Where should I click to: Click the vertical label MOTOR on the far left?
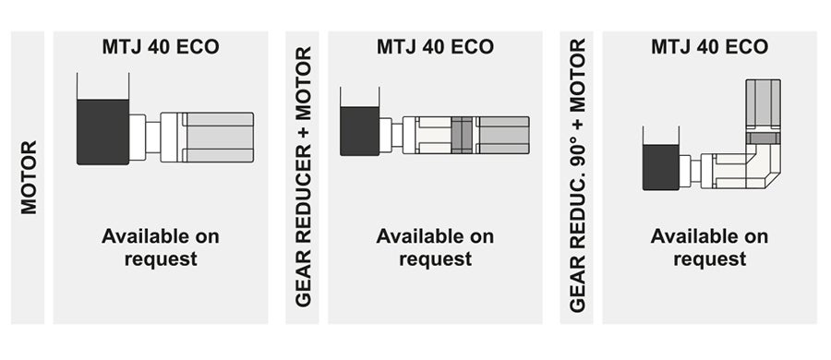click(29, 177)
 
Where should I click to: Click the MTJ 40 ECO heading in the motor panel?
click(161, 46)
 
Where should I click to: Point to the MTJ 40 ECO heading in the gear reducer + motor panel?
click(435, 46)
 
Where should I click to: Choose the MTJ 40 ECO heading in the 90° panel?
click(709, 46)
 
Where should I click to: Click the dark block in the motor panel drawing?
click(102, 131)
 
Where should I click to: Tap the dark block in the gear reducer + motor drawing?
click(359, 130)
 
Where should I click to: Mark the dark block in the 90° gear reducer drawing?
click(661, 167)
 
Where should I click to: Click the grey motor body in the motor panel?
click(219, 137)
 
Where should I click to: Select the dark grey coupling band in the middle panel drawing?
click(462, 135)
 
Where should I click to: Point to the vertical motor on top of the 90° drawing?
click(763, 105)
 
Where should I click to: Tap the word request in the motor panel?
click(161, 259)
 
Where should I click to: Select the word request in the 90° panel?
click(709, 259)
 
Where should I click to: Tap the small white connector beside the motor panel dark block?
click(138, 137)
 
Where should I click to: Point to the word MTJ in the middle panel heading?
click(395, 46)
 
